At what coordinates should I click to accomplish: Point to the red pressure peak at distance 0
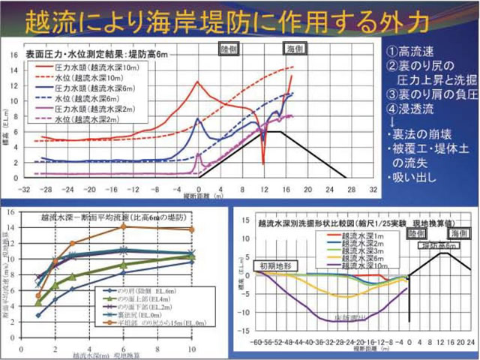click(x=198, y=82)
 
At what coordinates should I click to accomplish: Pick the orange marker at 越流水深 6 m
click(x=124, y=227)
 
